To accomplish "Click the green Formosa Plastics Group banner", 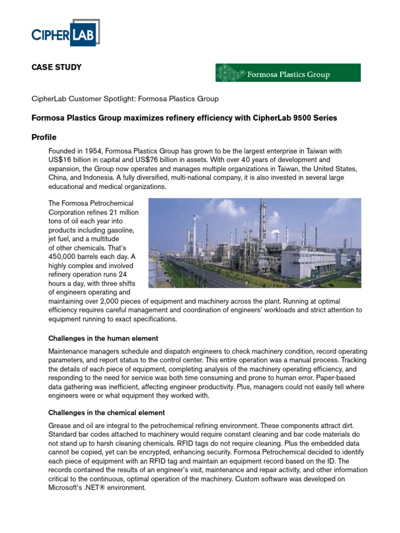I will click(287, 73).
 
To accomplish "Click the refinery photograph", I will click(255, 243).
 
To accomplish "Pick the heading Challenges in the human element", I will click(103, 338).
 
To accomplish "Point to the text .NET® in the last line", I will click(102, 488).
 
